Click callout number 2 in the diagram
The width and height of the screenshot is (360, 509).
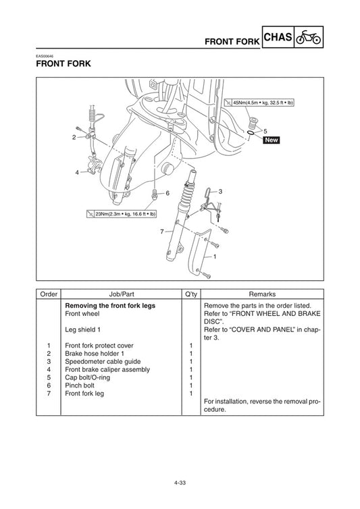[x=74, y=137]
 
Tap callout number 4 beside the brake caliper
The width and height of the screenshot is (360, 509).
[x=77, y=172]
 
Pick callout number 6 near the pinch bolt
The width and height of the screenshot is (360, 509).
[x=167, y=193]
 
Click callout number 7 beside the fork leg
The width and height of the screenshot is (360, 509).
[x=162, y=232]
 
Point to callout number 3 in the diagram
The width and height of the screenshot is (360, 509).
[x=220, y=192]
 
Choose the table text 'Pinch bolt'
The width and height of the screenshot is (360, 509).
[x=82, y=385]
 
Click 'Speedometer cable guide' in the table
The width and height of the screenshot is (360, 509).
[x=103, y=361]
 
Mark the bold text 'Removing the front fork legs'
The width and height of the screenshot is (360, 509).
[x=110, y=306]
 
